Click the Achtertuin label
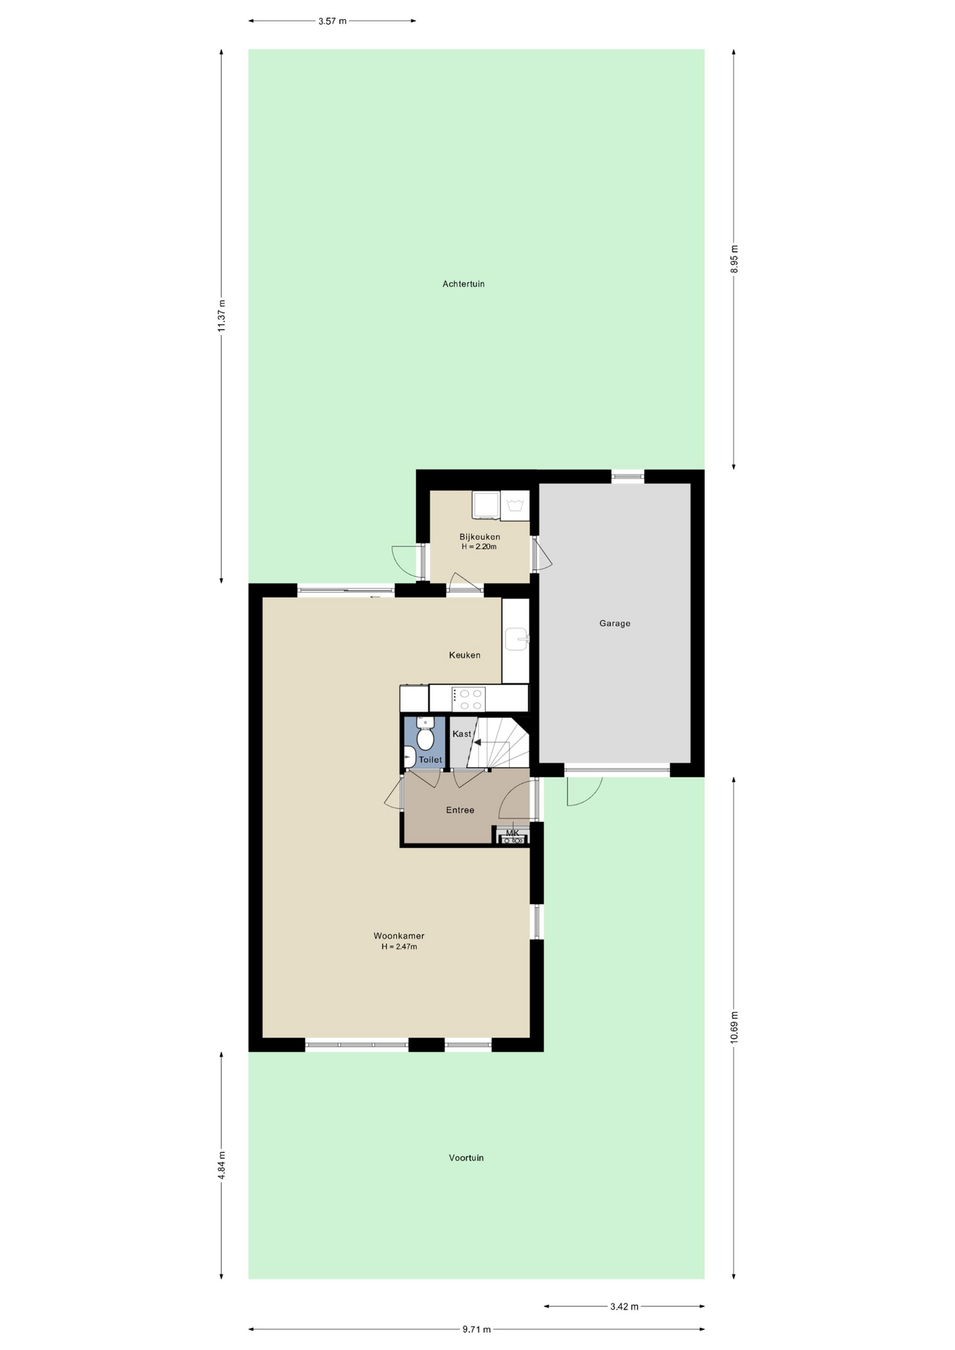[x=463, y=284]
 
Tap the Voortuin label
[x=466, y=1157]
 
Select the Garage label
[x=615, y=623]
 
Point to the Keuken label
[x=465, y=655]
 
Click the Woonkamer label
[x=399, y=936]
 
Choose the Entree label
[x=460, y=810]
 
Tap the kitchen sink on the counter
[x=516, y=640]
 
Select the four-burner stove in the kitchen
[x=468, y=699]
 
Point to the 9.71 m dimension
[x=477, y=1329]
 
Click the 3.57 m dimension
[x=332, y=21]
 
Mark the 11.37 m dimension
[x=222, y=316]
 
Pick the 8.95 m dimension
[x=734, y=259]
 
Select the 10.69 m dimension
[x=734, y=1027]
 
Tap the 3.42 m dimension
[x=624, y=1306]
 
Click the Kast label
[x=462, y=734]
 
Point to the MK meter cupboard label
[x=512, y=833]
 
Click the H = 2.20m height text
[x=479, y=546]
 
